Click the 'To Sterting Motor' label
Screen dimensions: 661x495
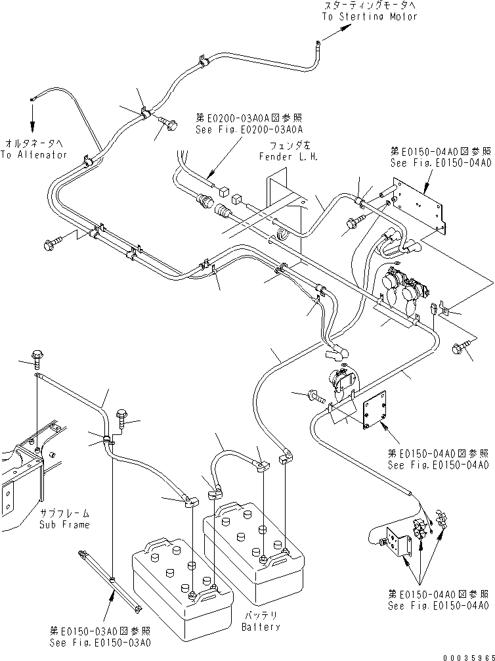pos(369,16)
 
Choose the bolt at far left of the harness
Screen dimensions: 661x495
pos(51,245)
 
